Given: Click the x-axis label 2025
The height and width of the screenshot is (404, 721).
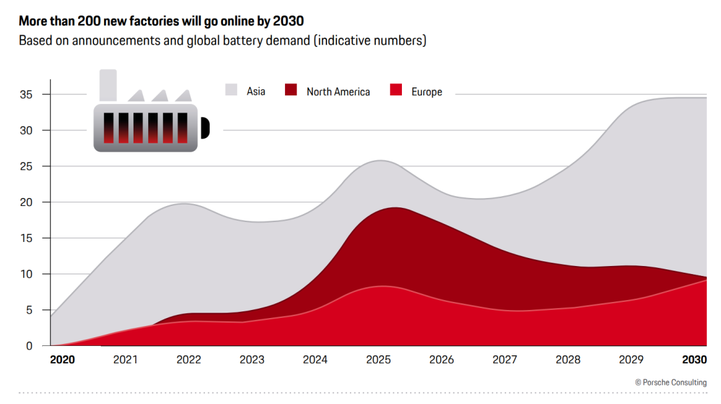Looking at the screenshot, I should coord(379,360).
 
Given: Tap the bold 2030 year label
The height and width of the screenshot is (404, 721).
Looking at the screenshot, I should coord(694,360).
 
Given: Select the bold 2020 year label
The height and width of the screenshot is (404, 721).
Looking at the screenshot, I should coord(63,360).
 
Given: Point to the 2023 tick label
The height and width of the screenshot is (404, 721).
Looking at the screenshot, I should coord(252,360).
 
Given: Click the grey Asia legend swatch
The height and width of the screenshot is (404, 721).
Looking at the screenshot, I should coord(232,90).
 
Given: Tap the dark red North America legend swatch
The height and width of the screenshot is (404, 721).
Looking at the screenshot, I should coord(291,90).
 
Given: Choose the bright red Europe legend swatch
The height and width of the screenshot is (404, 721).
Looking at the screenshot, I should coord(397,90).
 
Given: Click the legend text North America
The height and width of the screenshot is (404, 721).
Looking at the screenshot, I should coord(338,91).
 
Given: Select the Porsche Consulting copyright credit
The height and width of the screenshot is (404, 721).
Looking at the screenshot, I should coord(670,382).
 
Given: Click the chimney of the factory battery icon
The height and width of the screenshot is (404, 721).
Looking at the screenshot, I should coord(108,85).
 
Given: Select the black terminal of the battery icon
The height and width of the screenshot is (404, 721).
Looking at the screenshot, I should coord(205,127).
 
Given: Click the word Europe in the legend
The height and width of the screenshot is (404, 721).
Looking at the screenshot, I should coord(427,91).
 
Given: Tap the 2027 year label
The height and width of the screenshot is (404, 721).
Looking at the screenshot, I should coord(505,360).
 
